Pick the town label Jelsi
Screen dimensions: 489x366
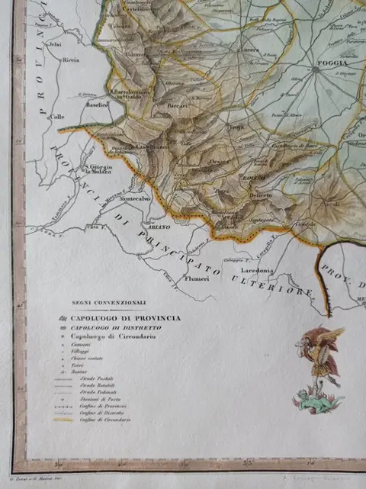tap(54, 43)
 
